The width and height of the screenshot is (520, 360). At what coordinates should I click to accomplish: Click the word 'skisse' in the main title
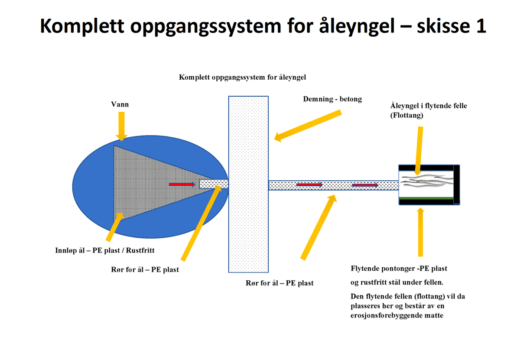(x=439, y=27)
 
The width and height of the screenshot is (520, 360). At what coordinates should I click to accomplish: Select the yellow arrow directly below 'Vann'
(x=122, y=126)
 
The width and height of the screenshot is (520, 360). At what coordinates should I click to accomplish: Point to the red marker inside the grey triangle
(x=182, y=184)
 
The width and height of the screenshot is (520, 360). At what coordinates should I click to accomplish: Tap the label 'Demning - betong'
(x=332, y=99)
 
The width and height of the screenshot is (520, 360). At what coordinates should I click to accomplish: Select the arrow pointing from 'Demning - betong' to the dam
(x=309, y=125)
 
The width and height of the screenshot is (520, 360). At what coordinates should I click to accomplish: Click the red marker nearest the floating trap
(x=364, y=185)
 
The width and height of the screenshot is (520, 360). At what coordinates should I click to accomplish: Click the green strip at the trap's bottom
(x=426, y=199)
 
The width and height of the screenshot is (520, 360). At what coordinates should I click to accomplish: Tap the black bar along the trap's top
(x=426, y=167)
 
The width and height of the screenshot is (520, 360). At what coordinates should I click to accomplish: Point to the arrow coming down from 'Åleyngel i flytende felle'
(x=419, y=149)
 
